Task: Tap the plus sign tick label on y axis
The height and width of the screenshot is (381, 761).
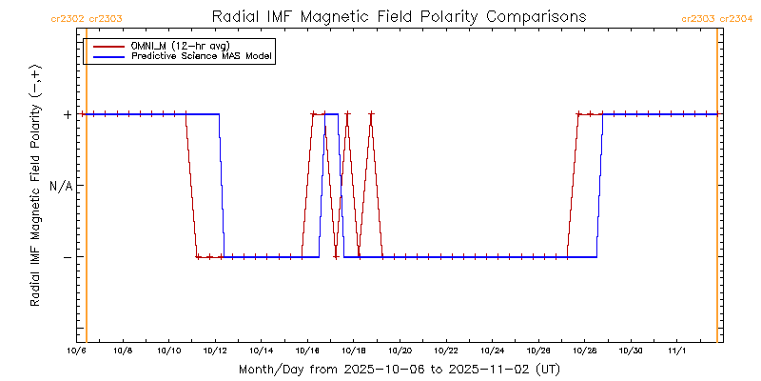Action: (68, 114)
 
